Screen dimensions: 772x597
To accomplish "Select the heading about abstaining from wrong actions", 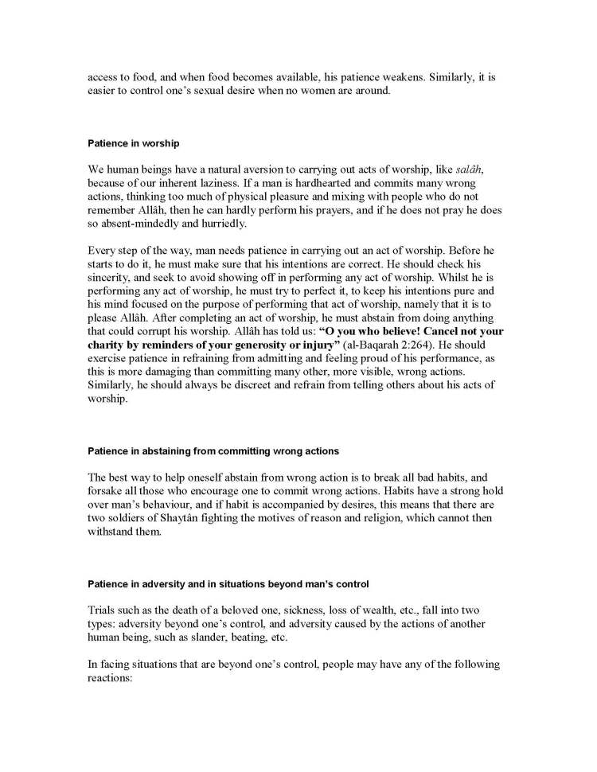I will pos(213,450).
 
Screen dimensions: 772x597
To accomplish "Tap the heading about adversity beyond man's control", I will pos(228,583).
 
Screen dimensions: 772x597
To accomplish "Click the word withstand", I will pos(113,532).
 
